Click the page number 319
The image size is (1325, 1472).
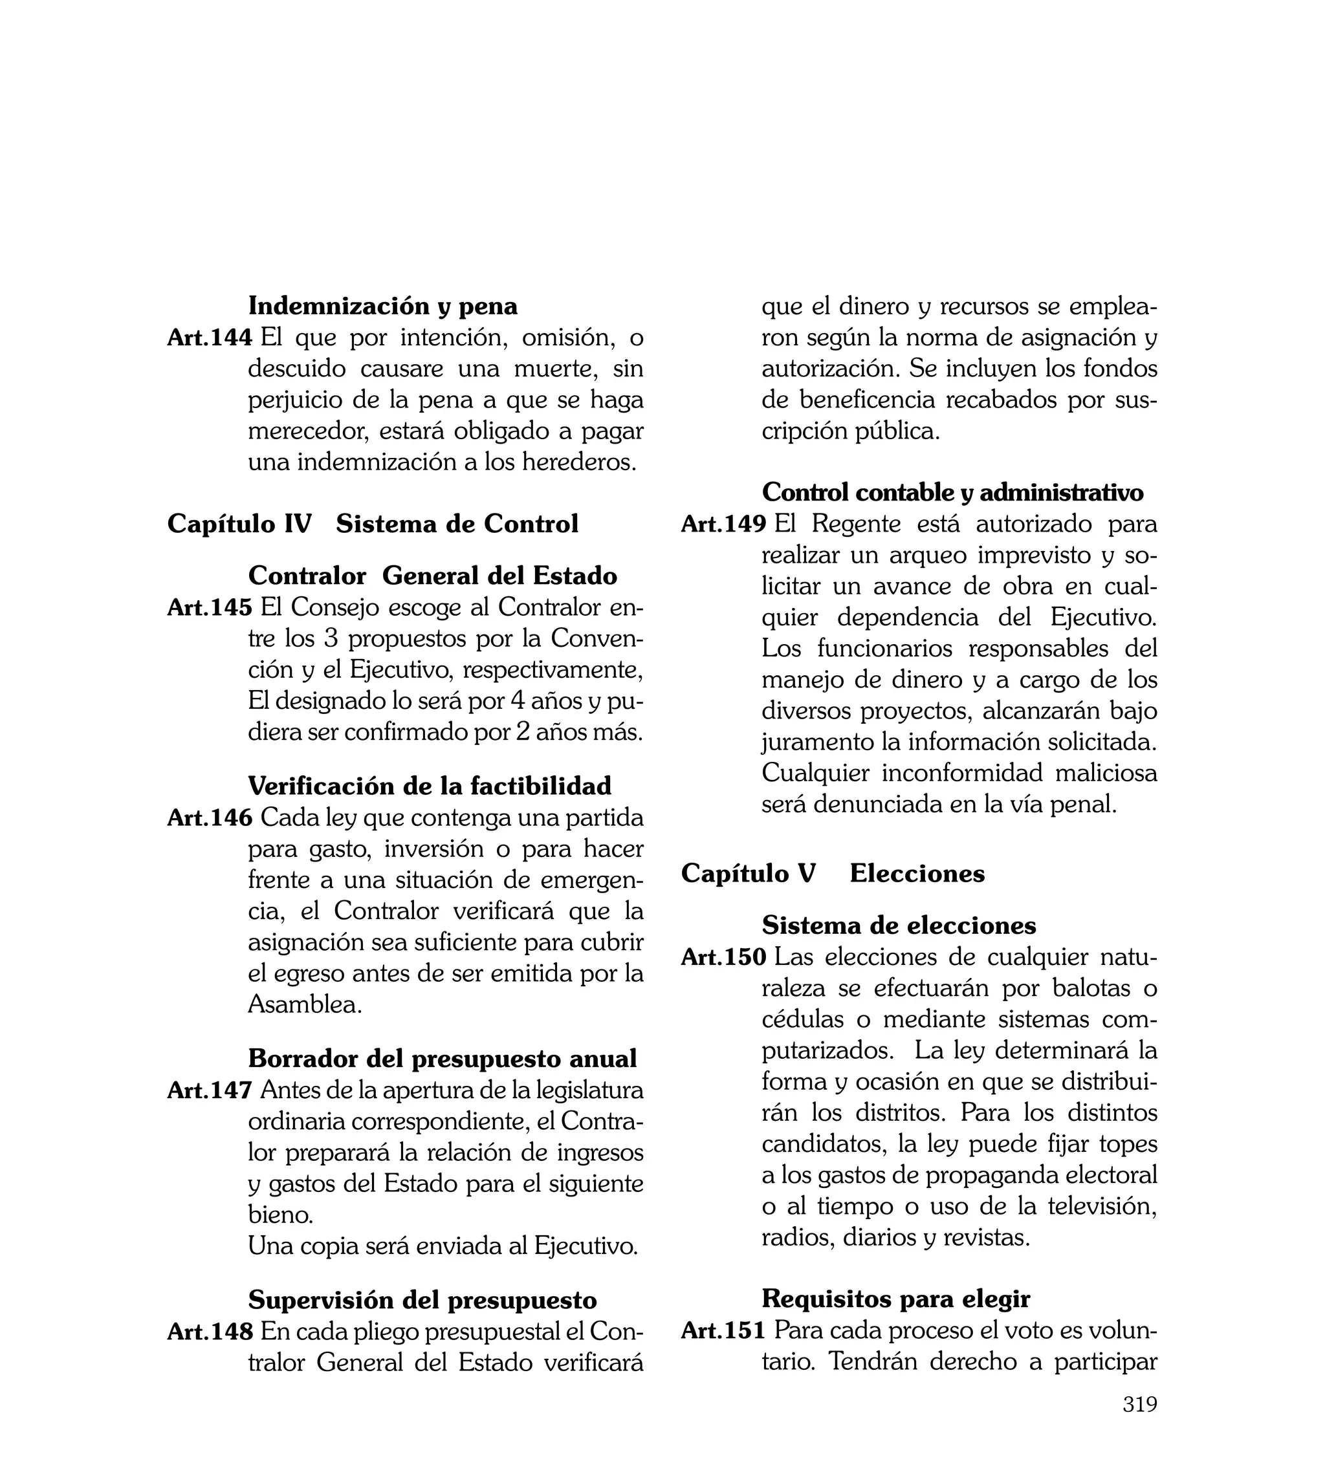pos(1139,1424)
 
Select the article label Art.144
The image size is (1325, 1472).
pos(210,338)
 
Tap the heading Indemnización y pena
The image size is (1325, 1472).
pos(382,307)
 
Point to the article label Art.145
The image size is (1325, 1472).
pos(210,607)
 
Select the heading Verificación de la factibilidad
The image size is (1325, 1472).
pos(430,786)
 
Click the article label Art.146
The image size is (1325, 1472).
pos(210,818)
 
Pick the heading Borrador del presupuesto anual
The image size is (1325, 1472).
pos(442,1058)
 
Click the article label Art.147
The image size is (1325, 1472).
pos(210,1090)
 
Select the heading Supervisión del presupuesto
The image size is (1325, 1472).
pos(422,1299)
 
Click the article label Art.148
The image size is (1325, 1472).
pos(210,1332)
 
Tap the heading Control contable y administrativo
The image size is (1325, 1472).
pos(952,493)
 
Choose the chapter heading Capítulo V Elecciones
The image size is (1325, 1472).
pos(832,873)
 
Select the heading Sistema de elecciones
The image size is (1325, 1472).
pos(899,925)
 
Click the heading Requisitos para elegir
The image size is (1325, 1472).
pos(895,1298)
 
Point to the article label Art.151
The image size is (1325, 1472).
pos(723,1330)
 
